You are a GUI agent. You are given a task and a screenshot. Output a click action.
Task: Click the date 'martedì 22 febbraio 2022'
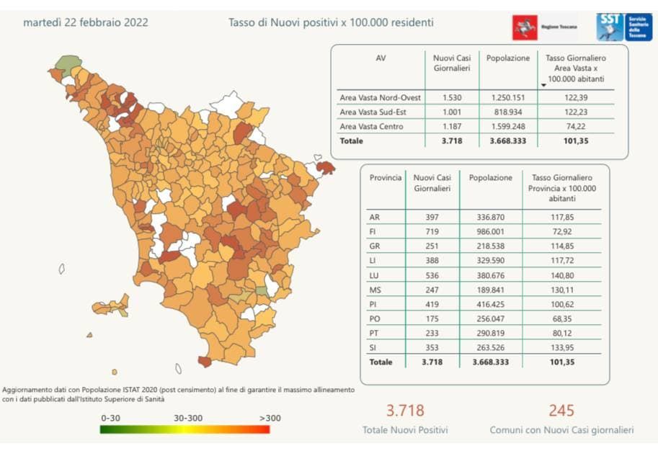86,22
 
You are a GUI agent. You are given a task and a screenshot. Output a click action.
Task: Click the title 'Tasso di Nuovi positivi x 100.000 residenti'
331,22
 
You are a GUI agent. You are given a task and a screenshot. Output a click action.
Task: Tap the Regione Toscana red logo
525,28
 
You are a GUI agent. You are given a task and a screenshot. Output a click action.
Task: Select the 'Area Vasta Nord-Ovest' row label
380,97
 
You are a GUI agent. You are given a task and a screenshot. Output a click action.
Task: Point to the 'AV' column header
381,58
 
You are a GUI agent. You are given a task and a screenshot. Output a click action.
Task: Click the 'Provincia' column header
385,177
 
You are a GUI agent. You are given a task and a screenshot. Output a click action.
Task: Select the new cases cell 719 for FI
432,231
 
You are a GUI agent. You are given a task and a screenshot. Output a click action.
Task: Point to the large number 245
561,411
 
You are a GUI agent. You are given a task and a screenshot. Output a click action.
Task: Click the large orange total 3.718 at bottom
405,411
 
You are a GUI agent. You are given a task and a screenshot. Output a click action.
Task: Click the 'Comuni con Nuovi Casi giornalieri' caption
561,430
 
